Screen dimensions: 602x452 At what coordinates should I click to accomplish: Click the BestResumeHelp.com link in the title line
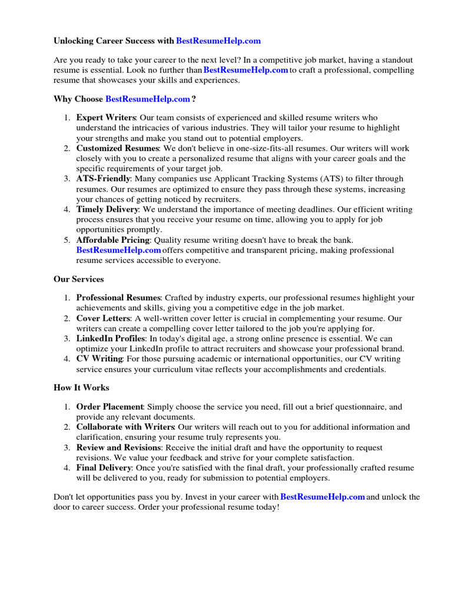click(218, 41)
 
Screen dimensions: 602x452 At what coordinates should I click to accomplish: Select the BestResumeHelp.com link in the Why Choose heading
click(148, 99)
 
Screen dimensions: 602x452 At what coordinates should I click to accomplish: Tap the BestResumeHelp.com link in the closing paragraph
click(323, 497)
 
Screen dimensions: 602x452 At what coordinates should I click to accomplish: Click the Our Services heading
click(79, 279)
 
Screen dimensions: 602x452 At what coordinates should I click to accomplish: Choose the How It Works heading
click(81, 387)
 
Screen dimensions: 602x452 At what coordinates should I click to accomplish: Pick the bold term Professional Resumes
click(118, 298)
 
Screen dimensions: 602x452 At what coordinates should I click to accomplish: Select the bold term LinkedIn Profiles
click(110, 339)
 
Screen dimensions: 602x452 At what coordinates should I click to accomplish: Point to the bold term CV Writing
click(99, 359)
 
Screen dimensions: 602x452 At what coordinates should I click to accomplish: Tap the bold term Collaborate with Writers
click(125, 427)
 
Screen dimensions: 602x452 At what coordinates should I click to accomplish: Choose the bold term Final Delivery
click(104, 468)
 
